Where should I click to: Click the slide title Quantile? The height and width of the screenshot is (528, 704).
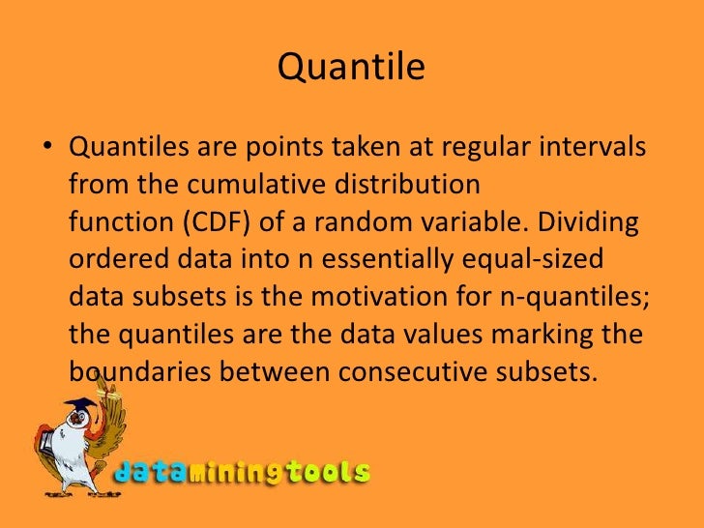tap(351, 69)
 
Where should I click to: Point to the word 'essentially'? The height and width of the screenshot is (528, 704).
tap(377, 260)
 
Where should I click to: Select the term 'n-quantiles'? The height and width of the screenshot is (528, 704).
tap(572, 297)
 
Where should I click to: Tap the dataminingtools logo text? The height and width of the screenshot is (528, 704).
tap(242, 473)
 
